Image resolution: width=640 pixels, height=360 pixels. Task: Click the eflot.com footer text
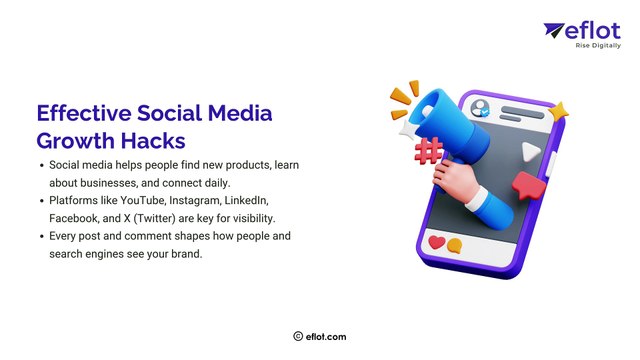point(327,338)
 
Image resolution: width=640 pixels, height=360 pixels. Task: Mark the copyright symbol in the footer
point(298,338)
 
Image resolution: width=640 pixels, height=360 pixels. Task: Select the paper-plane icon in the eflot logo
point(554,32)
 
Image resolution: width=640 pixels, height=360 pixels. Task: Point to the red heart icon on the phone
point(436,243)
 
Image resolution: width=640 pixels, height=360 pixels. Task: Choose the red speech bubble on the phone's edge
point(526,186)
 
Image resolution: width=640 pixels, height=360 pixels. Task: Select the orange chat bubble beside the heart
point(455,246)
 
